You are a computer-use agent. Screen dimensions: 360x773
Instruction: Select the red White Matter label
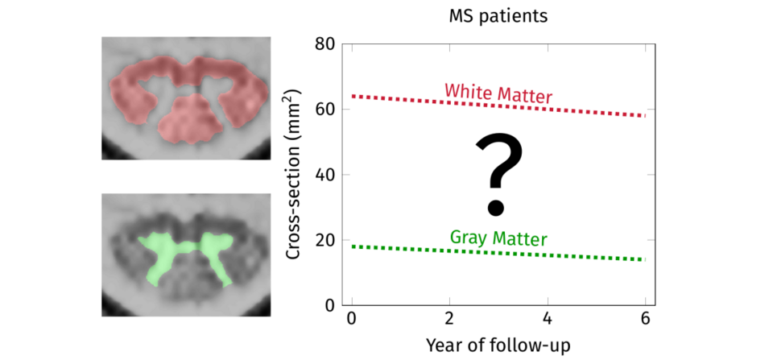(x=498, y=93)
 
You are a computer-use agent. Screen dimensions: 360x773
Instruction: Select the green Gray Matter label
(x=498, y=238)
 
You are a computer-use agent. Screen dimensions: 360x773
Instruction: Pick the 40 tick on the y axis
(x=324, y=175)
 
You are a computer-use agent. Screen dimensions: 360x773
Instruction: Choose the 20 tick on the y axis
(x=324, y=240)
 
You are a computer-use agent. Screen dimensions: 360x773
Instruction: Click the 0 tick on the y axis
(x=329, y=305)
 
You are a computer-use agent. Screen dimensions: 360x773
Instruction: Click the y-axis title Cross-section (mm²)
(x=295, y=175)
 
